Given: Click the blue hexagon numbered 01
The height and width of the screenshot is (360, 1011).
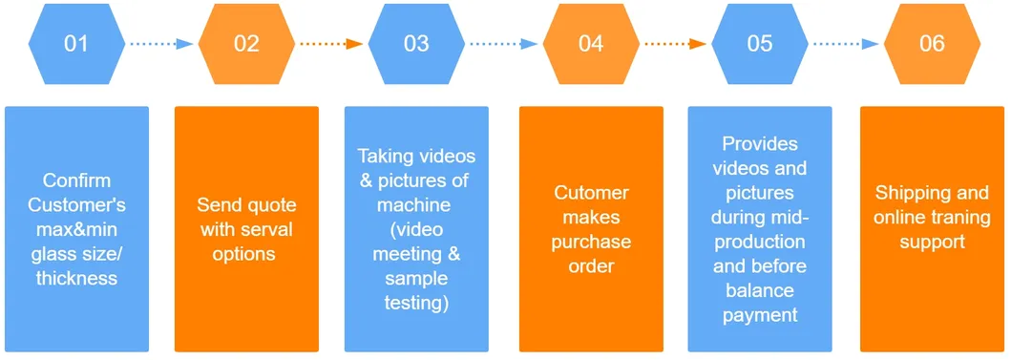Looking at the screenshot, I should pyautogui.click(x=76, y=44).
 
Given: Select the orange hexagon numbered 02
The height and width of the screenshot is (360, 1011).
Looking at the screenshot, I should pyautogui.click(x=246, y=44).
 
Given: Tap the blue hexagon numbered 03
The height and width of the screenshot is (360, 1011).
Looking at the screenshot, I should pyautogui.click(x=416, y=44).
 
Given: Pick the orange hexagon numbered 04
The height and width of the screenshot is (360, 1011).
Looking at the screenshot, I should pyautogui.click(x=591, y=44).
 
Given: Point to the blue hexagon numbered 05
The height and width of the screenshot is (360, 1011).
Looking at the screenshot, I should pyautogui.click(x=760, y=44).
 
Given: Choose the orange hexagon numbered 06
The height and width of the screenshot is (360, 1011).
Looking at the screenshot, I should pyautogui.click(x=932, y=44).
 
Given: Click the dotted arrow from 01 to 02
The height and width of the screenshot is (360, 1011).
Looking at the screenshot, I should pyautogui.click(x=161, y=44).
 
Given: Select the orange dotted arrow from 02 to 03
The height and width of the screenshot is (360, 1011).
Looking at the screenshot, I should pyautogui.click(x=330, y=44).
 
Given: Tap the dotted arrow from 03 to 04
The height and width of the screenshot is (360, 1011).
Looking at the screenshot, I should pyautogui.click(x=504, y=44).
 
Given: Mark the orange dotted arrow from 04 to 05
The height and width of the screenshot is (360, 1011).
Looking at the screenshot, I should pyautogui.click(x=676, y=44).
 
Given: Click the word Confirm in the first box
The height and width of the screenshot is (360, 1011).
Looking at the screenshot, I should pyautogui.click(x=76, y=180).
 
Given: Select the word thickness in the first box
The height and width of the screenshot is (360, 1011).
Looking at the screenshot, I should pyautogui.click(x=76, y=279).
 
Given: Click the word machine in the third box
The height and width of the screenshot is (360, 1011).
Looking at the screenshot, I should pyautogui.click(x=416, y=205).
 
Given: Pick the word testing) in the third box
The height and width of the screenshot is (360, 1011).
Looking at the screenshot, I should pyautogui.click(x=416, y=304).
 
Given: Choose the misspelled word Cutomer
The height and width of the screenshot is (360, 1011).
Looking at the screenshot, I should pyautogui.click(x=591, y=192).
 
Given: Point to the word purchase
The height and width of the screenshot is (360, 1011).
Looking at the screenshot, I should pyautogui.click(x=591, y=242).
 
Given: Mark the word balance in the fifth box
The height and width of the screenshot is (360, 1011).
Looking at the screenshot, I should pyautogui.click(x=760, y=291).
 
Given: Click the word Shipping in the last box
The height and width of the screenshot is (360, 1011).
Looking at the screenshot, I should pyautogui.click(x=906, y=192).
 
